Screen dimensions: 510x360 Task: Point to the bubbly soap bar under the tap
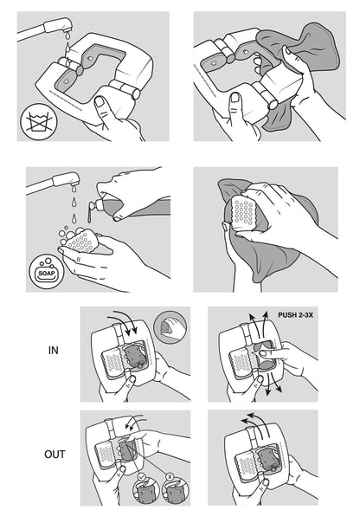(81, 242)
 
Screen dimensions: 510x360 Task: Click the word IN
(53, 352)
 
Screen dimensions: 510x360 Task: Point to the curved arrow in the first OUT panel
(137, 424)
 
